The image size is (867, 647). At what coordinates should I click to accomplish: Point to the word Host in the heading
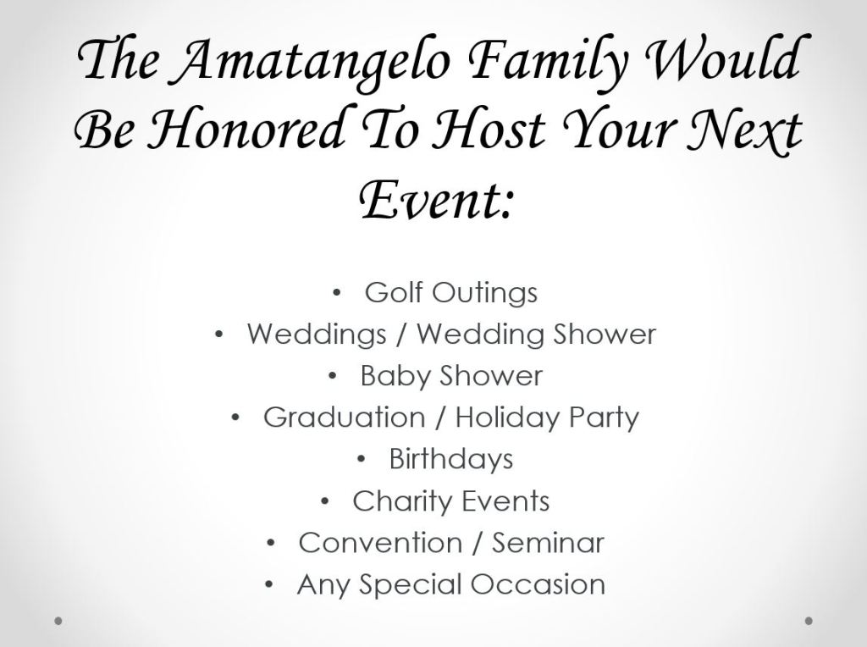coord(489,130)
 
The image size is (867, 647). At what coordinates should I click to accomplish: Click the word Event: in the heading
coord(436,199)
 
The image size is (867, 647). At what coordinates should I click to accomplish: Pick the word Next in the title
coord(744,130)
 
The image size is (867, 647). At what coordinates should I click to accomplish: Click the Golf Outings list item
coord(450,292)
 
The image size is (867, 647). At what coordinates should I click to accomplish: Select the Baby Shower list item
coord(451,376)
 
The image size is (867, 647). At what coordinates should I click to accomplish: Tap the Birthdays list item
coord(451,459)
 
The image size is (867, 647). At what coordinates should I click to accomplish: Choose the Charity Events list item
coord(451,501)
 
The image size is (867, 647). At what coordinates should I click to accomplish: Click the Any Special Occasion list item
coord(451,584)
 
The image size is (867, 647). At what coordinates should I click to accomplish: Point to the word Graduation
coord(344,417)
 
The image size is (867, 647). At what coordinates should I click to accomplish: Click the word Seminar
coord(548,543)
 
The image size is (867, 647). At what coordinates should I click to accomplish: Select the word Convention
coord(380,543)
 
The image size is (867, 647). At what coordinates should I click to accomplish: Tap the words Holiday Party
coord(548,418)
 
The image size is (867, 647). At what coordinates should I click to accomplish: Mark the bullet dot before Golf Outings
coord(336,293)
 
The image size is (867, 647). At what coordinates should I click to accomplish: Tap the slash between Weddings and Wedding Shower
coord(402,335)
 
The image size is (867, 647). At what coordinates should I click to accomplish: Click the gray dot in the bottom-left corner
coord(58,621)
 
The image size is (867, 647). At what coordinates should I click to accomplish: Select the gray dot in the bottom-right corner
coord(809,621)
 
